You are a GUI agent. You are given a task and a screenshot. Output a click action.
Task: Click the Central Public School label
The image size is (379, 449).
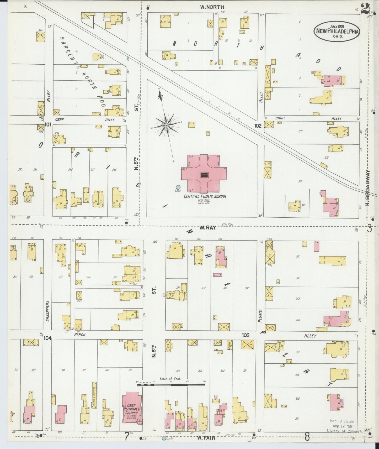tap(205, 196)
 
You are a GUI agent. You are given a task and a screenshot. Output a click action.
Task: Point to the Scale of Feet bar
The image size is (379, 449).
tap(171, 385)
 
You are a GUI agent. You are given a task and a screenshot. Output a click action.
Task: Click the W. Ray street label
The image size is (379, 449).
tap(207, 228)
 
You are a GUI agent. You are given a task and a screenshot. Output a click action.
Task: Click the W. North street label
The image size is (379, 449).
tap(209, 7)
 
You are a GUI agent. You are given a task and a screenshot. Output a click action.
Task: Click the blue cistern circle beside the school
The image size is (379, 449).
tap(178, 187)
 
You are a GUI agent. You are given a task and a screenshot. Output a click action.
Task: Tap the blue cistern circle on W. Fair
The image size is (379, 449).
tap(164, 438)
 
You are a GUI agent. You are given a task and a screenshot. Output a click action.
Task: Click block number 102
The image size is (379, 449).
tap(258, 126)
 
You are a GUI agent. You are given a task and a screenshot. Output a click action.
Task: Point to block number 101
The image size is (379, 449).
tap(47, 124)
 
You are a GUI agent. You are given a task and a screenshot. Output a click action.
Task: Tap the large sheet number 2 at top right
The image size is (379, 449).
tap(365, 9)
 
